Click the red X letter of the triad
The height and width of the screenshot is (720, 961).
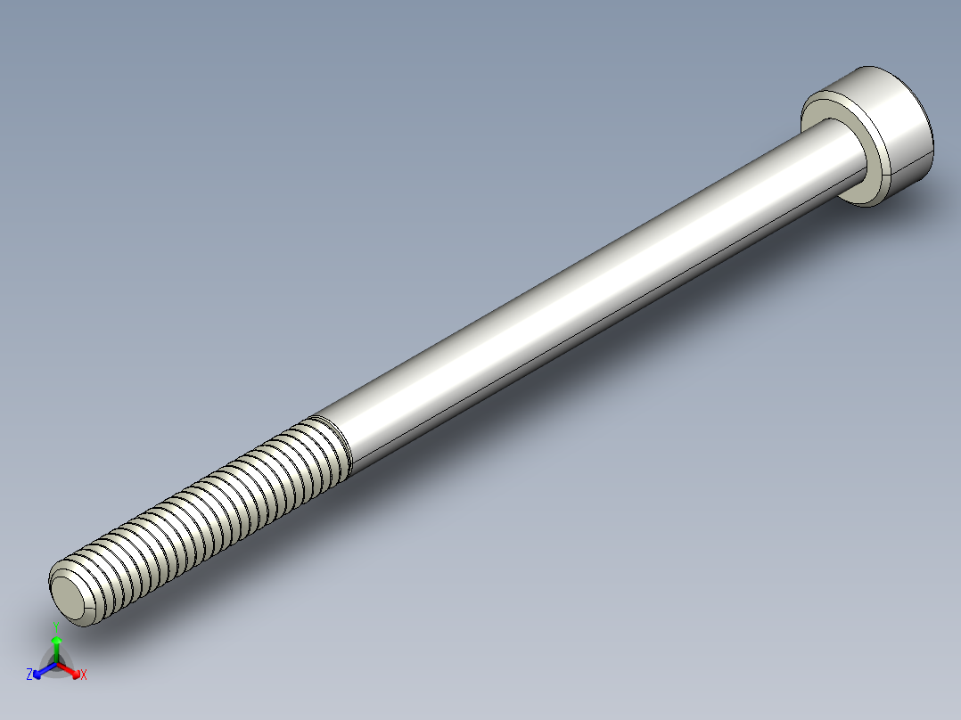(x=84, y=675)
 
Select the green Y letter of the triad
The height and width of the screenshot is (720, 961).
(x=56, y=626)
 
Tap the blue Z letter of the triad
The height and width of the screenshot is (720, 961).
(x=29, y=675)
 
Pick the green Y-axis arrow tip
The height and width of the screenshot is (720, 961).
(x=56, y=640)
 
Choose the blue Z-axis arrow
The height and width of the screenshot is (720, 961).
(x=41, y=671)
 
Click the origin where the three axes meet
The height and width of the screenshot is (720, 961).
(x=56, y=664)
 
